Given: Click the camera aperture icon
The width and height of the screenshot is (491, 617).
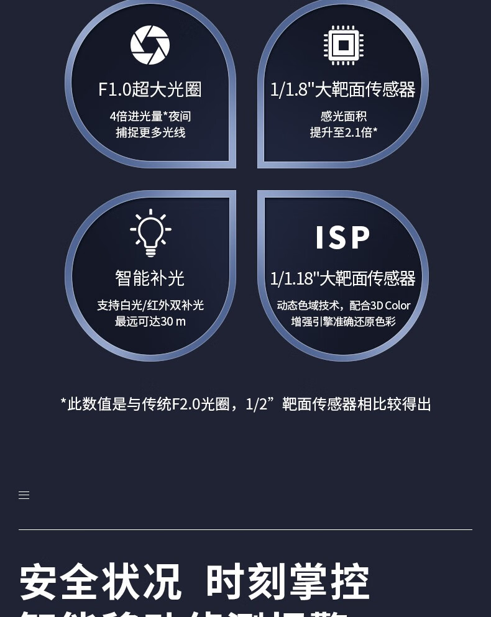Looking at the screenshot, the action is (150, 45).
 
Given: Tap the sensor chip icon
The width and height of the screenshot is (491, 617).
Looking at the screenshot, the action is (343, 45).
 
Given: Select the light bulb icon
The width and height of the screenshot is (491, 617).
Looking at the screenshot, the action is (150, 233).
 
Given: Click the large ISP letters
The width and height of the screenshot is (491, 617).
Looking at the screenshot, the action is (342, 237).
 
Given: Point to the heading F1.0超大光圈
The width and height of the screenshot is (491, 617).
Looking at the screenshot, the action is (150, 89).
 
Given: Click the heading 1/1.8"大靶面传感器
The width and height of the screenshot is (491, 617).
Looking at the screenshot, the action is (342, 89).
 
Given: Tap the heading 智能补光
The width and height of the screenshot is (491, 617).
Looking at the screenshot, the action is (150, 278).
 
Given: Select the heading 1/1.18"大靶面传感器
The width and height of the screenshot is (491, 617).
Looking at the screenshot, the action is (342, 278).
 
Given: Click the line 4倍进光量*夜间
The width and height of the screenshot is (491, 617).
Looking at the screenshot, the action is (150, 116).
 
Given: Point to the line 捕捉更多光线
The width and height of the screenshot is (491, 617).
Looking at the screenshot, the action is (150, 132).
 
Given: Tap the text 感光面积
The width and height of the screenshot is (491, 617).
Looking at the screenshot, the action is (343, 116).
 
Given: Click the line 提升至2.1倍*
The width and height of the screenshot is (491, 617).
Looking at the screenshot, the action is (343, 132).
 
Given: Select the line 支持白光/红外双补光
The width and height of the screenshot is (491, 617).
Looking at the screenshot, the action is (150, 305).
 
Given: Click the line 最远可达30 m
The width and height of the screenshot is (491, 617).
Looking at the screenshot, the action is (150, 321).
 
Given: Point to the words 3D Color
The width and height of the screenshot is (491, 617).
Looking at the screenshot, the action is (390, 305).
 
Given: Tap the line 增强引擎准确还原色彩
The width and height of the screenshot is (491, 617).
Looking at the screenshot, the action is (343, 321).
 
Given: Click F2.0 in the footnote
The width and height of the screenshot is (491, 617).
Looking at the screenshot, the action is (185, 404).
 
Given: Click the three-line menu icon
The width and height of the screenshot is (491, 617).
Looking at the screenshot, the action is (24, 495).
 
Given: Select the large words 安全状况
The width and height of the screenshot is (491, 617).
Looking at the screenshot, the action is (101, 582).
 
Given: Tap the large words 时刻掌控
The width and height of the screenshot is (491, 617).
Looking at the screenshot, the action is (288, 582).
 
